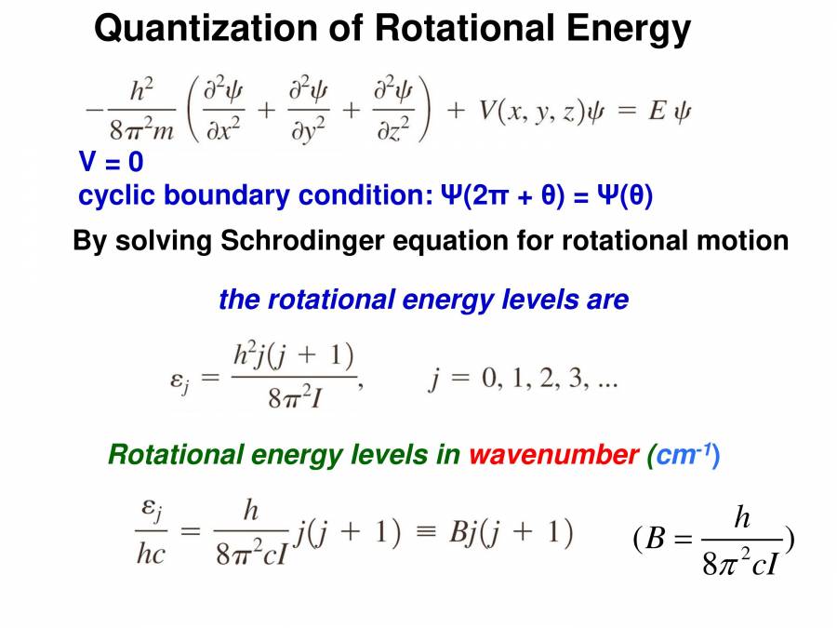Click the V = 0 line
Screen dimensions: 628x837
click(111, 163)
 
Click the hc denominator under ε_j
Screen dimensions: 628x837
click(151, 554)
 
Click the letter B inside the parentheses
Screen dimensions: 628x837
click(656, 541)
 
